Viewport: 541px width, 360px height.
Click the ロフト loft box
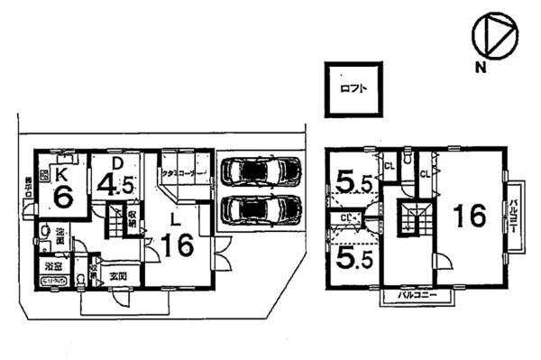coord(353,89)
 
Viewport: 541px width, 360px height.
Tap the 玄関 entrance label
coord(119,275)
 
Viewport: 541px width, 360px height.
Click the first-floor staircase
coord(118,220)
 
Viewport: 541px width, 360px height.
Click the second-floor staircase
coord(413,220)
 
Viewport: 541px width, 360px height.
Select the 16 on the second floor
coord(469,216)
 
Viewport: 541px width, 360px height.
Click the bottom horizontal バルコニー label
coord(417,295)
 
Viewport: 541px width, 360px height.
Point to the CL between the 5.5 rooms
coord(346,217)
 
